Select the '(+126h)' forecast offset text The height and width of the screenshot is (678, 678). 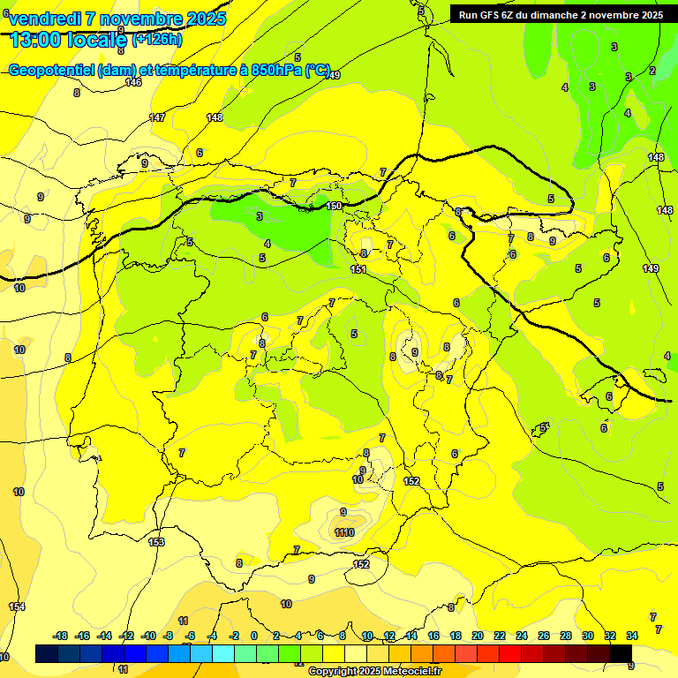pos(157,39)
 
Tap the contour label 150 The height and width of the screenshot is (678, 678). pos(334,206)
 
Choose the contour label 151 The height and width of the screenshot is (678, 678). pos(358,269)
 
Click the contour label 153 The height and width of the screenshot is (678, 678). pos(156,542)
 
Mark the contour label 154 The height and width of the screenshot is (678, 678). pos(17,606)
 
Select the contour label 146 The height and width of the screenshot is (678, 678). pos(133,82)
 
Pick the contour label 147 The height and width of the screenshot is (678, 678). pos(157,117)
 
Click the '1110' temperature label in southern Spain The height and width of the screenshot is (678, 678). pos(344,532)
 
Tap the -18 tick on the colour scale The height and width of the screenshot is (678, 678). pos(61,636)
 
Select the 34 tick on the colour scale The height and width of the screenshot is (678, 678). pos(632,636)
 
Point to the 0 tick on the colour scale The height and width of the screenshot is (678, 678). pos(254,636)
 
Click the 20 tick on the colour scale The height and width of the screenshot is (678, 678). pos(478,636)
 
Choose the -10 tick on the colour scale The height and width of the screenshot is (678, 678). pos(148,636)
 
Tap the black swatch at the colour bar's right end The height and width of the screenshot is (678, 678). pos(621,653)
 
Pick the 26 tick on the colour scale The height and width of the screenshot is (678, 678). pos(543,636)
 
